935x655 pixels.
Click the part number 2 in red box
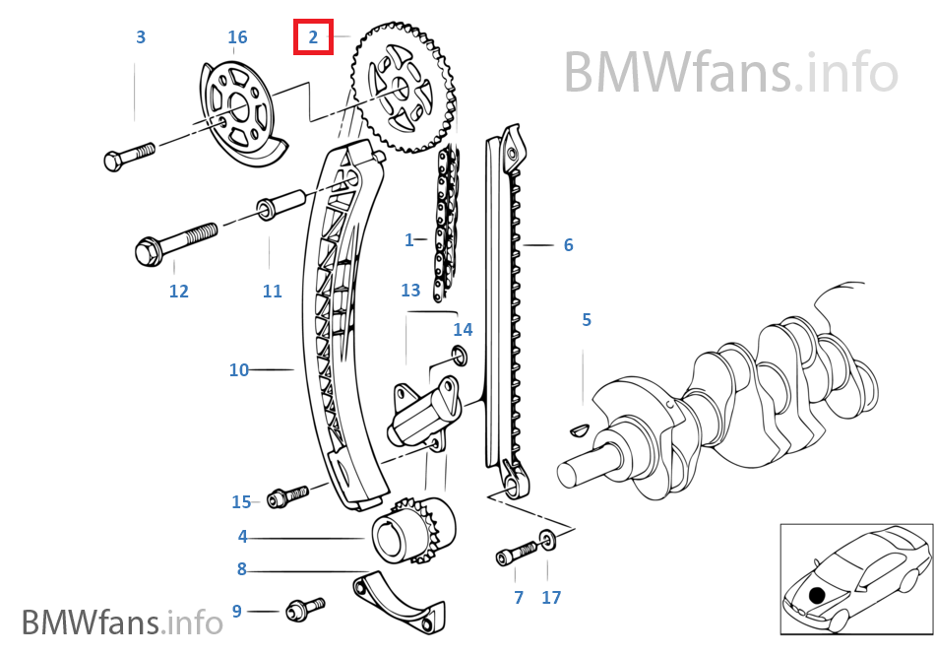pos(314,38)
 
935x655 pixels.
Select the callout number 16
pos(237,37)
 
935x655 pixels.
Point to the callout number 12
pos(178,292)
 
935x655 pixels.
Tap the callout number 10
pos(239,370)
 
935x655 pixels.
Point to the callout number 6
pos(568,245)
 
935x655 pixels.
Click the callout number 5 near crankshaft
pos(587,319)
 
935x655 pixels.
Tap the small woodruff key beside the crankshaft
pos(579,429)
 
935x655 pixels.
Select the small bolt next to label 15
pos(286,494)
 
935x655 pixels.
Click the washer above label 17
pos(547,539)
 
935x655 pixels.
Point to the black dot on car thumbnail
pos(816,594)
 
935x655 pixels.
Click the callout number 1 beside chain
pos(409,239)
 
